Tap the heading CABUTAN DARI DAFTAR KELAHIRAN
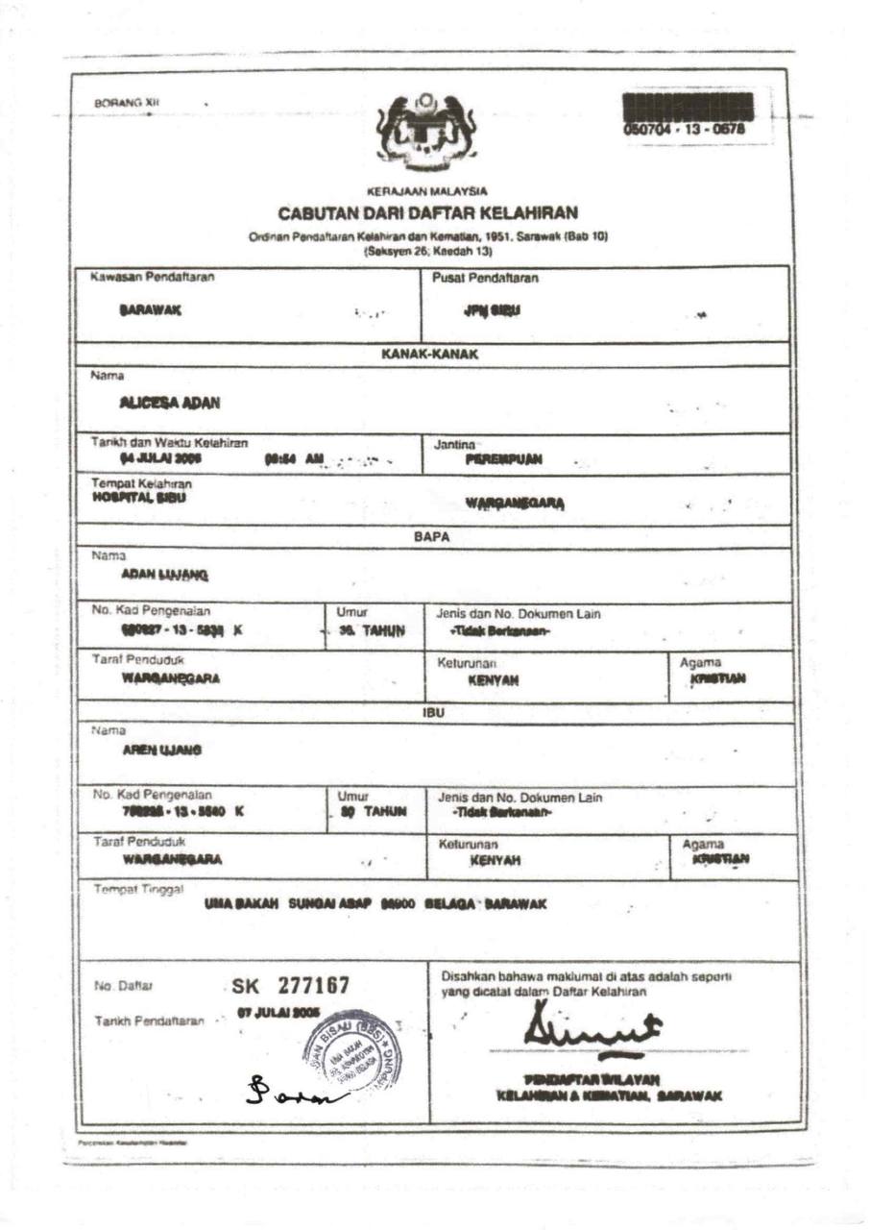point(427,212)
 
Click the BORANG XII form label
point(118,102)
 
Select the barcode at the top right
point(688,105)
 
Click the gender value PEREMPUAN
point(503,459)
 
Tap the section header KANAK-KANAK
point(430,354)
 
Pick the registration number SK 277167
point(290,986)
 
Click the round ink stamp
point(351,1048)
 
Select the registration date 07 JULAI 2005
point(278,1014)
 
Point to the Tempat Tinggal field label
point(137,890)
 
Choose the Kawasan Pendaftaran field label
point(153,278)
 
